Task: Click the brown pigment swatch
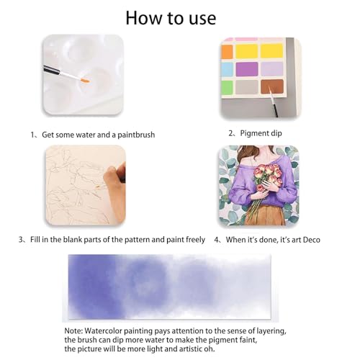click(271, 87)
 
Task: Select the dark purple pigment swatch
click(247, 69)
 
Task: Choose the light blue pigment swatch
click(228, 69)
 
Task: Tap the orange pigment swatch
click(228, 51)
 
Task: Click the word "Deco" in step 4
click(306, 239)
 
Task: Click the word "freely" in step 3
click(192, 239)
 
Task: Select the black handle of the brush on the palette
click(54, 70)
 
